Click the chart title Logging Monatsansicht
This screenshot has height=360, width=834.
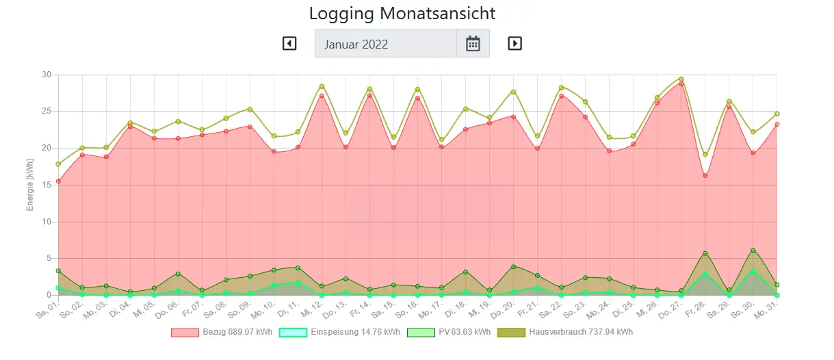pos(402,13)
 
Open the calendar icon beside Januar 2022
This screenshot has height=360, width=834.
pos(473,44)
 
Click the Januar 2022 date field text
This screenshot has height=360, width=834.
pos(356,44)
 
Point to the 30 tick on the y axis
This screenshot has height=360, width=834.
pos(47,75)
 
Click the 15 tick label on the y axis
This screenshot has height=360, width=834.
pos(47,185)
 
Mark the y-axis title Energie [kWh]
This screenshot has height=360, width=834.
pos(30,185)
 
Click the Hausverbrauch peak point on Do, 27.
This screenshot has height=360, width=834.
pos(681,79)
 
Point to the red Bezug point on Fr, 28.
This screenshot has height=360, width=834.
pos(705,175)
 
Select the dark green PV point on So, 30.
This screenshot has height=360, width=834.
pos(753,250)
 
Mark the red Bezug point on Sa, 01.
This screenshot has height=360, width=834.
pos(58,181)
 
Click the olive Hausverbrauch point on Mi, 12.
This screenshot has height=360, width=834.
pos(322,86)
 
